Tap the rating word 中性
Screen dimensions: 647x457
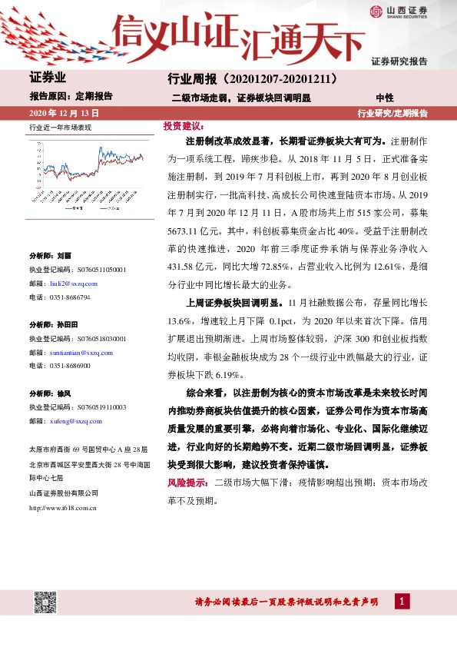(385, 98)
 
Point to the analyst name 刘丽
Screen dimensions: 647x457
(64, 254)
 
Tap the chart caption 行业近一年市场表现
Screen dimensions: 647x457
(60, 128)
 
